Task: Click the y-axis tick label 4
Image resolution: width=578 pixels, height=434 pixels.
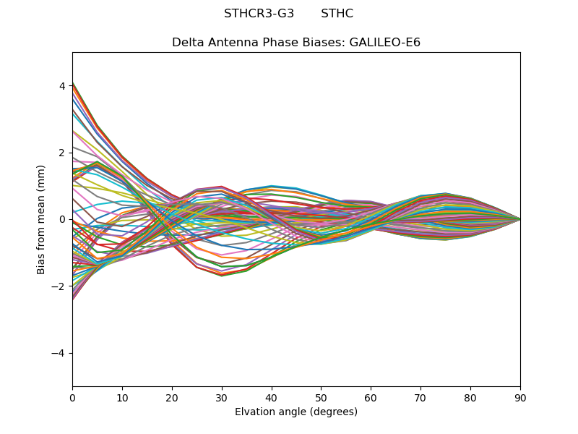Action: (62, 86)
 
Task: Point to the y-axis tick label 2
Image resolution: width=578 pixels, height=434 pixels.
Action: (62, 153)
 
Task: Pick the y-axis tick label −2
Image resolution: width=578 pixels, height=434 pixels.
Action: (59, 286)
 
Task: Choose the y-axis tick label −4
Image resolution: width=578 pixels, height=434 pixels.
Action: (59, 353)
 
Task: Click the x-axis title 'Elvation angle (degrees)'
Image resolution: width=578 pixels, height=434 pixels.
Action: (296, 412)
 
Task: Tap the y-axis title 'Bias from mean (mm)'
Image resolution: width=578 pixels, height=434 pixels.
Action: (42, 219)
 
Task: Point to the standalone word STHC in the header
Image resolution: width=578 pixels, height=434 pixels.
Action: (337, 14)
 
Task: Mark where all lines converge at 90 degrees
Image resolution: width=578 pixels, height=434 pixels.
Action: (519, 219)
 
